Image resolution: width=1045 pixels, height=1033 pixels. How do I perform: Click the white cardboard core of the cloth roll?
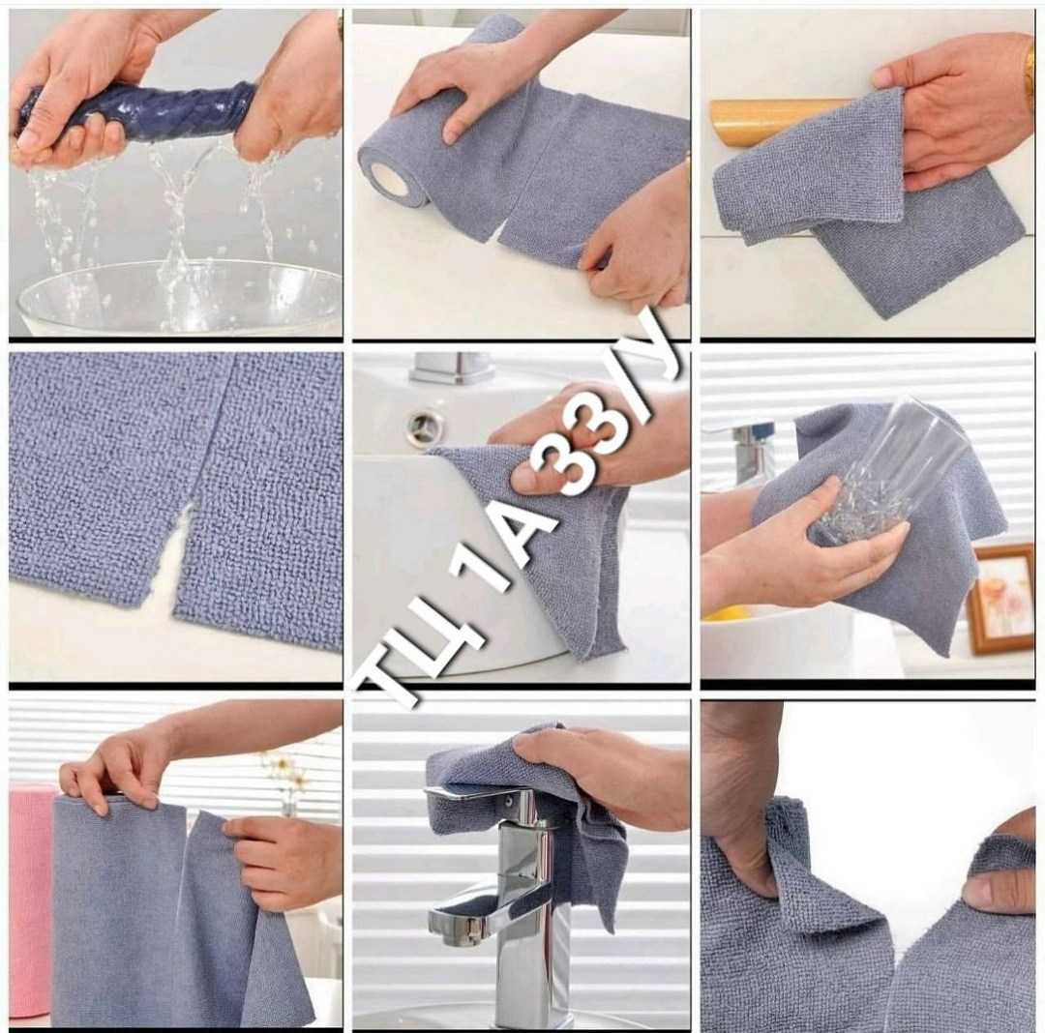(x=389, y=180)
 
